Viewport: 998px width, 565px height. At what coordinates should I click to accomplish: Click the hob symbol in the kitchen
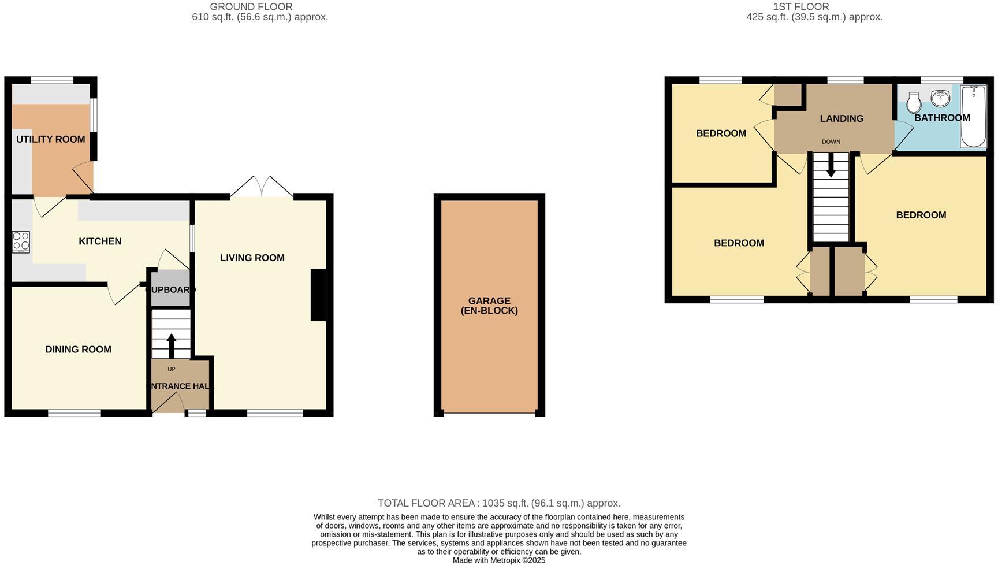pyautogui.click(x=21, y=242)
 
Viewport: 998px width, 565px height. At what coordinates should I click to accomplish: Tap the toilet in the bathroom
pyautogui.click(x=914, y=103)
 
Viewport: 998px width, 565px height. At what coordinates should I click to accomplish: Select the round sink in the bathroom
pyautogui.click(x=941, y=98)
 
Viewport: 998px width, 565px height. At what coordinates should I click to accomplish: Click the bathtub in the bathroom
pyautogui.click(x=973, y=116)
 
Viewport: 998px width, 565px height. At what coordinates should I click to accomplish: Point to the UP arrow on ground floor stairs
pyautogui.click(x=172, y=345)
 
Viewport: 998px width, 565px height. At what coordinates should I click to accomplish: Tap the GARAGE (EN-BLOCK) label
pyautogui.click(x=489, y=306)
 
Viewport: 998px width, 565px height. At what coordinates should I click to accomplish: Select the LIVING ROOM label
pyautogui.click(x=252, y=258)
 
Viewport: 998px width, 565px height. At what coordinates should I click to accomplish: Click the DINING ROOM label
pyautogui.click(x=78, y=349)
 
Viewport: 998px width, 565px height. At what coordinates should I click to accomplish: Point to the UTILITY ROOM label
pyautogui.click(x=50, y=139)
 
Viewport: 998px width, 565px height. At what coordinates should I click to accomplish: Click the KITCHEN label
pyautogui.click(x=100, y=241)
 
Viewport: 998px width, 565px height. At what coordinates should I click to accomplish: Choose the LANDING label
pyautogui.click(x=841, y=118)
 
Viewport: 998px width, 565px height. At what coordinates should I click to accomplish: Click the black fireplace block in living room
pyautogui.click(x=318, y=295)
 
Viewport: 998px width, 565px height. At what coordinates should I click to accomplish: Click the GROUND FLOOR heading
pyautogui.click(x=251, y=7)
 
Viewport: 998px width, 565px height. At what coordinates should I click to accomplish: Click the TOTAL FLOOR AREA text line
pyautogui.click(x=499, y=503)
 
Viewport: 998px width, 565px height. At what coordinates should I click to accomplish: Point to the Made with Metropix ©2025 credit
pyautogui.click(x=499, y=560)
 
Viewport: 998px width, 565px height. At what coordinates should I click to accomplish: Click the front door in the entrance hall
pyautogui.click(x=168, y=403)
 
